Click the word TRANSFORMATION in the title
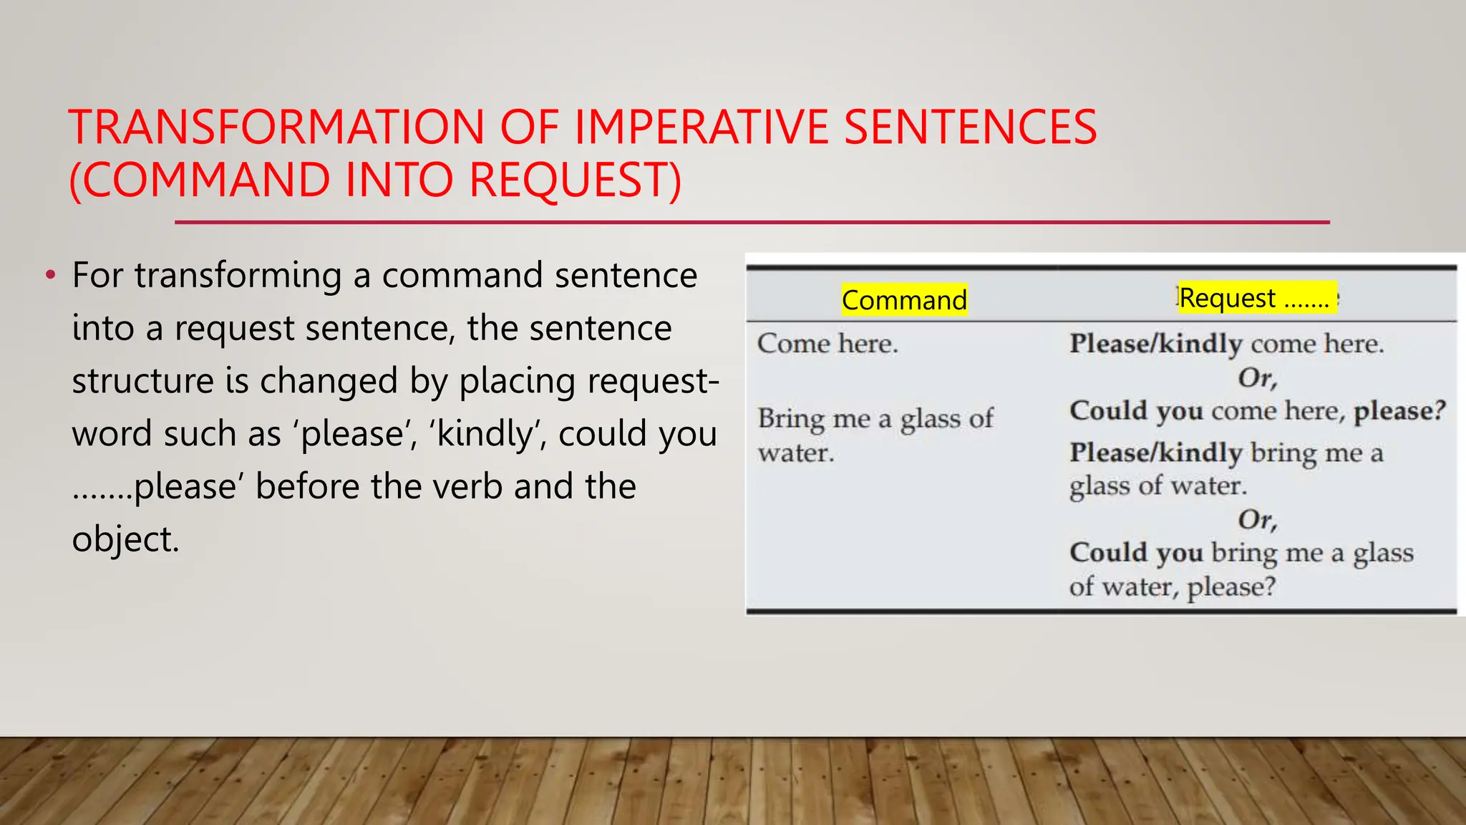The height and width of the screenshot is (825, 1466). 276,127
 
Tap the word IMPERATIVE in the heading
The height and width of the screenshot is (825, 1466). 701,127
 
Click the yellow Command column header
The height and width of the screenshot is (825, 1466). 904,299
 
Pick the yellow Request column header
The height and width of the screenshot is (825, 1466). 1256,297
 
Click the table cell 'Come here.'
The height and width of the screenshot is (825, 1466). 827,344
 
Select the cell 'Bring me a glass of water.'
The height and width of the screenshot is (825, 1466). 875,435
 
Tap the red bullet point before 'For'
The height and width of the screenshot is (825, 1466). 49,275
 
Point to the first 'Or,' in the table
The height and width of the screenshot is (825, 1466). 1258,377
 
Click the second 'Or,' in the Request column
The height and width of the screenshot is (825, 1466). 1258,519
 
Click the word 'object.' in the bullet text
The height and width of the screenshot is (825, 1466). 125,539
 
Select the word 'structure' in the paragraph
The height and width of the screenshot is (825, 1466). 142,381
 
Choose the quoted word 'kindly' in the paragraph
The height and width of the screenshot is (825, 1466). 484,434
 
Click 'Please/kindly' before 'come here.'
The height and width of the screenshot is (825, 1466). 1155,344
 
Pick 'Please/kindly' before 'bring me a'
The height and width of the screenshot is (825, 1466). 1155,453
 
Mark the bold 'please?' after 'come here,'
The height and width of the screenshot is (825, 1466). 1399,411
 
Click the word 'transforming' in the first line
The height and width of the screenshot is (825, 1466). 238,276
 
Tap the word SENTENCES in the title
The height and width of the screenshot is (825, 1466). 970,127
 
